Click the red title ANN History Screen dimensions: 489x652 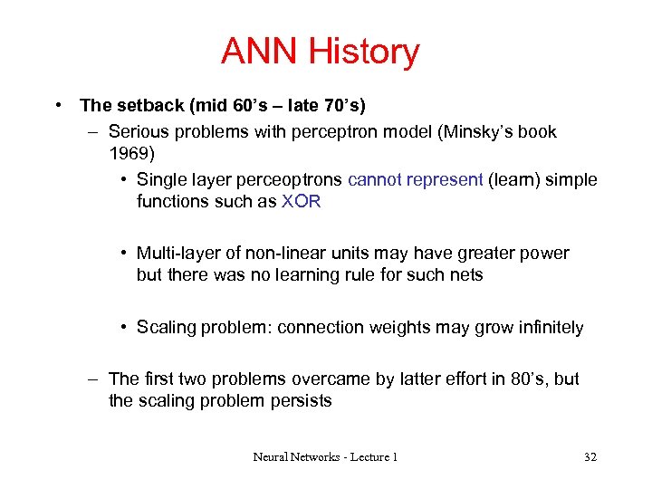click(x=320, y=52)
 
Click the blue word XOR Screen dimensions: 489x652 click(x=302, y=202)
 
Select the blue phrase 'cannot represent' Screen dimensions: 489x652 click(x=416, y=179)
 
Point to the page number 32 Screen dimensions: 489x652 click(x=590, y=457)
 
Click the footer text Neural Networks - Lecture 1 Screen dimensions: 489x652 click(x=325, y=457)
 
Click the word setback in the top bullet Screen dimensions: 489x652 click(x=141, y=106)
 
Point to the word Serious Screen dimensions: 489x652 click(x=137, y=131)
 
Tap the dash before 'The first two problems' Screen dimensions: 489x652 click(x=93, y=379)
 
